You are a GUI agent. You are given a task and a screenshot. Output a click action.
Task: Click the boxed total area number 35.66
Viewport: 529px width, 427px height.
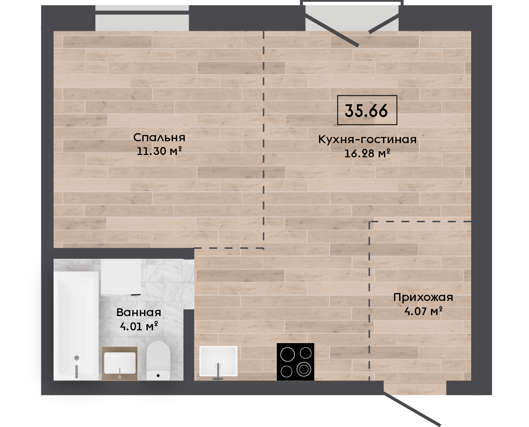click(x=367, y=110)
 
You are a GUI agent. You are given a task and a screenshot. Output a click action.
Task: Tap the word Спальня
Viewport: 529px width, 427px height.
click(x=159, y=137)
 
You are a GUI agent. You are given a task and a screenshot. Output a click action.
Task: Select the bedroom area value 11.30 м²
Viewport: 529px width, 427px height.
click(x=159, y=151)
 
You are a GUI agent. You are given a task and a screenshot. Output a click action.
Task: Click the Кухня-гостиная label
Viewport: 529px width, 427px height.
click(x=367, y=139)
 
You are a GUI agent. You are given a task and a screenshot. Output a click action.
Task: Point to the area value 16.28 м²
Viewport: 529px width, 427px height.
click(x=367, y=154)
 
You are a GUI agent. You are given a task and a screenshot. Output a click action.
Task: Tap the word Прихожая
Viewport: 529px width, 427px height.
click(x=423, y=298)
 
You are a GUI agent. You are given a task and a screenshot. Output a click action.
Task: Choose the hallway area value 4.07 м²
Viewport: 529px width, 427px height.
click(x=423, y=310)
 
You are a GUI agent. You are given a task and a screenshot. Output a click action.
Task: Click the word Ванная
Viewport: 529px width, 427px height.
click(x=139, y=313)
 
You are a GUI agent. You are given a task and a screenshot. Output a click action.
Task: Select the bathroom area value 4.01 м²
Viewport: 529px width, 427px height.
click(x=139, y=326)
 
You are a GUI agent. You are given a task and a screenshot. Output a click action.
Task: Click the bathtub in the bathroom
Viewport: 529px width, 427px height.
click(x=76, y=325)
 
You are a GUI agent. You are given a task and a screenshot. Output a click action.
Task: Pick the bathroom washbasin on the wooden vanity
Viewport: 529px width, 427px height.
click(x=120, y=363)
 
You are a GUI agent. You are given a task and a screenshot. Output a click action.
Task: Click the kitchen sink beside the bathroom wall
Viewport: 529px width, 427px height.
click(x=218, y=361)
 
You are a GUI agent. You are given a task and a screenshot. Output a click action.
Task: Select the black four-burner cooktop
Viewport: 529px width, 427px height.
click(x=295, y=362)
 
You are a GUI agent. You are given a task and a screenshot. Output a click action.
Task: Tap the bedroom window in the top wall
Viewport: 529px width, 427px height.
click(x=142, y=18)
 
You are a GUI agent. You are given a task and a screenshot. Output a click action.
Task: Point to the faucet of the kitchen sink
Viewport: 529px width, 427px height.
click(x=218, y=372)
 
